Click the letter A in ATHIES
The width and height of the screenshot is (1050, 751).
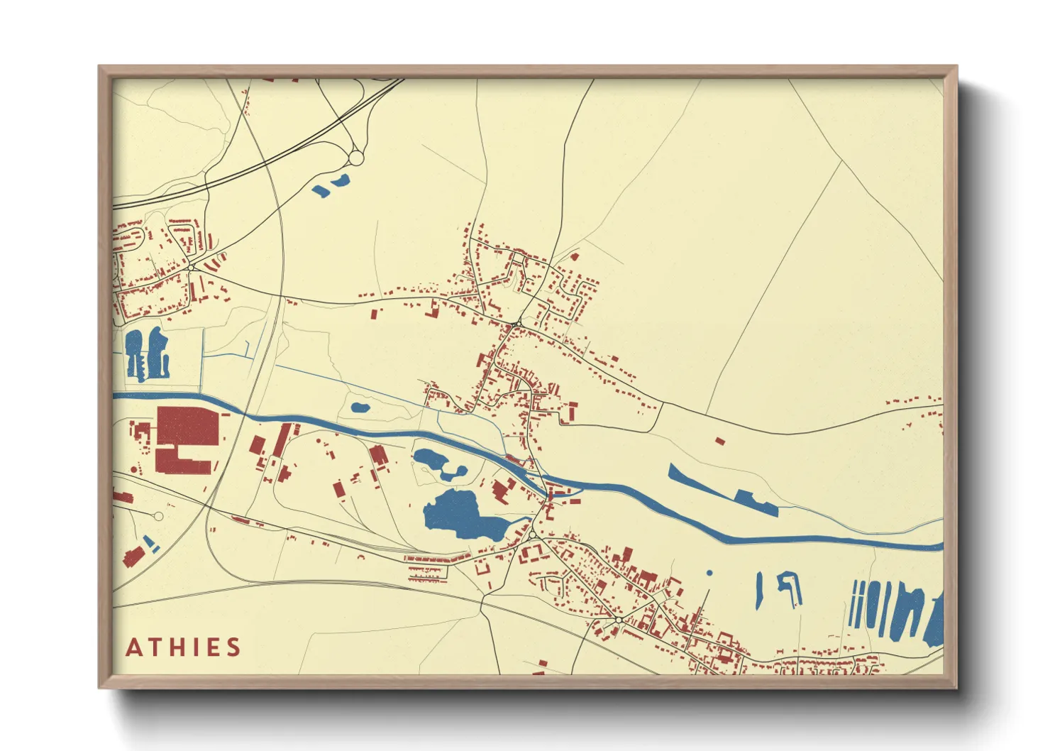click(134, 647)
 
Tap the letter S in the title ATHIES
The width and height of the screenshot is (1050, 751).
click(233, 647)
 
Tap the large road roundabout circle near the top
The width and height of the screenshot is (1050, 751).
click(356, 158)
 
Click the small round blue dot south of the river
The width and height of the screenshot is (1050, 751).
click(709, 572)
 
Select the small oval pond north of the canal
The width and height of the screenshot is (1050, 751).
click(360, 408)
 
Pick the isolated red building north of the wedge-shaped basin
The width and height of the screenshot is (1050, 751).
click(720, 441)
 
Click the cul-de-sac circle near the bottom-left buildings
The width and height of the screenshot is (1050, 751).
click(159, 516)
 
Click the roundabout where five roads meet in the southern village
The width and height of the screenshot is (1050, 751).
click(619, 620)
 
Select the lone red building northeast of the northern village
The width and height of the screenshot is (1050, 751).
click(574, 256)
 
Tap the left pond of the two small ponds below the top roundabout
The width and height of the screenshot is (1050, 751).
click(321, 190)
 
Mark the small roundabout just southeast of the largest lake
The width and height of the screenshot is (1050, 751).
click(532, 535)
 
